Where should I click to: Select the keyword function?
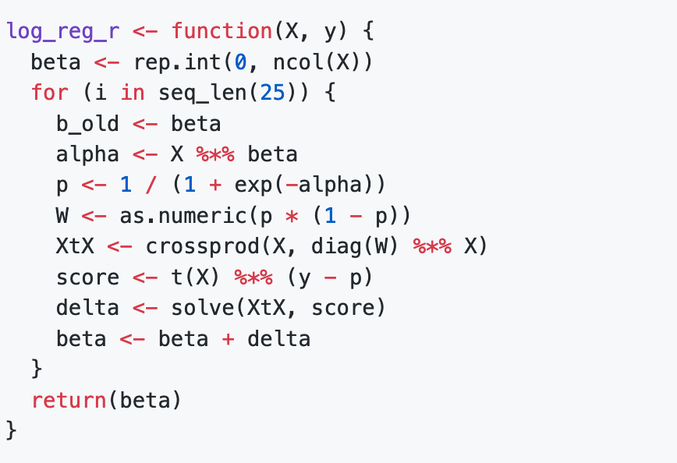222,32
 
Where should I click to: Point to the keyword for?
50,93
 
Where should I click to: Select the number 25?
272,93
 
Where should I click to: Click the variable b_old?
88,124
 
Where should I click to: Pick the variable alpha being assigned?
87,154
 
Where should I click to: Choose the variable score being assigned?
87,277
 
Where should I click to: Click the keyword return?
69,401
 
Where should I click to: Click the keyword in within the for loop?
133,93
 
